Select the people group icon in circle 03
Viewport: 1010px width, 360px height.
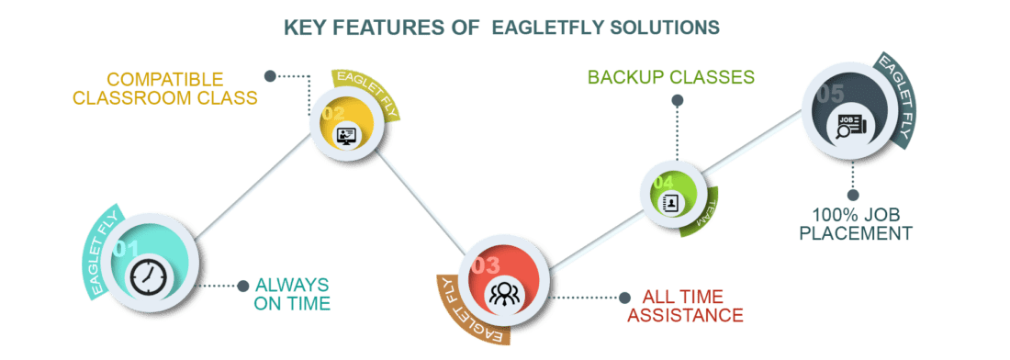coord(501,295)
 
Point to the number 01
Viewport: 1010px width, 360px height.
coord(127,250)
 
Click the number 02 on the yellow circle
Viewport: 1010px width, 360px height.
coord(332,114)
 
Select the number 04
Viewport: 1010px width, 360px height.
coord(662,182)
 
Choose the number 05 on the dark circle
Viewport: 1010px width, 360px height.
coord(830,95)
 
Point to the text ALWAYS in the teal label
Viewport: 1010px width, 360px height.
coord(291,284)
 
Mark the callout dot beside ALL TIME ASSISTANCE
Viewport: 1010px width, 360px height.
coord(624,297)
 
